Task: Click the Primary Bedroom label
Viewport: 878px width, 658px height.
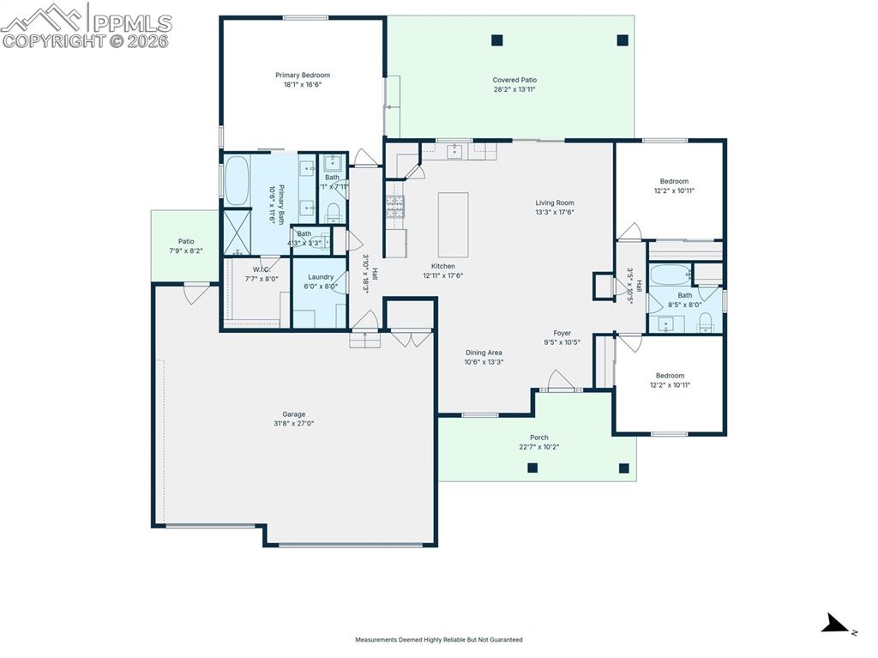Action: [302, 75]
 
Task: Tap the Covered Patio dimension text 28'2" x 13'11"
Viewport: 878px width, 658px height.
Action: [514, 89]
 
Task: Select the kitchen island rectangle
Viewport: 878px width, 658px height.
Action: [453, 225]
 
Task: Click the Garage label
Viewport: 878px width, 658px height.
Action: [294, 414]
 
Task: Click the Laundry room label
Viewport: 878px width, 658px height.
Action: [321, 277]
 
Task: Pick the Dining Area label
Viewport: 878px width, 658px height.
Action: [484, 353]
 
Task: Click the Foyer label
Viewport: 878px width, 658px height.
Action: [562, 333]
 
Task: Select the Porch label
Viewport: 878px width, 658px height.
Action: [538, 438]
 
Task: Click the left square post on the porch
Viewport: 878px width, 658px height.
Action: [532, 468]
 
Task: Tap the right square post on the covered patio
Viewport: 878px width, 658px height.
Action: [622, 39]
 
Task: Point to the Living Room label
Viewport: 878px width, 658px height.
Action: [555, 203]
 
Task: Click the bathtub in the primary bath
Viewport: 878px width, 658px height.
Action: [237, 180]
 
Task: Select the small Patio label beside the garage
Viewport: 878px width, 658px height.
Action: [186, 242]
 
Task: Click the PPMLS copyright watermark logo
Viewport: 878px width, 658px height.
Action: [86, 26]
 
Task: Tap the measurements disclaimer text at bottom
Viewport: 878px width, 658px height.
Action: [438, 639]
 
